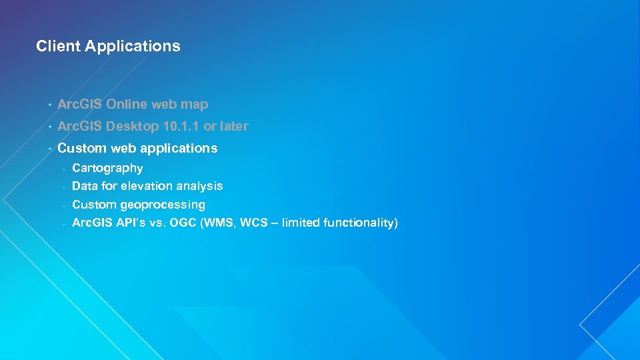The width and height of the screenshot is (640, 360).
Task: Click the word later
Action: pyautogui.click(x=233, y=126)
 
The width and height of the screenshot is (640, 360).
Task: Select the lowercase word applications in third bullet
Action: pyautogui.click(x=183, y=149)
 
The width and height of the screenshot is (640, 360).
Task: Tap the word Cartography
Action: pyautogui.click(x=107, y=168)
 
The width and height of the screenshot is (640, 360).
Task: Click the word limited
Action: pyautogui.click(x=301, y=223)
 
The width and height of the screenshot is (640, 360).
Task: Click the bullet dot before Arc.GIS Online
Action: pyautogui.click(x=49, y=105)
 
